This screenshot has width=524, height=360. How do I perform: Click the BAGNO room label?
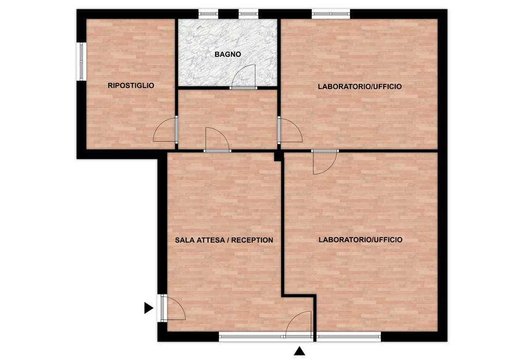(x=228, y=54)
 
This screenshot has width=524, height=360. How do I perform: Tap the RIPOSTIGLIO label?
(x=131, y=86)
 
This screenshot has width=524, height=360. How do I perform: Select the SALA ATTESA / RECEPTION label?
(x=224, y=240)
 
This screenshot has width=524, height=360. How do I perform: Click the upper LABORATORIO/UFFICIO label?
(x=360, y=87)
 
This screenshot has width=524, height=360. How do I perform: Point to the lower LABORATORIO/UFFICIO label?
(x=360, y=240)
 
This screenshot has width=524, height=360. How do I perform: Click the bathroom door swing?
(x=243, y=76)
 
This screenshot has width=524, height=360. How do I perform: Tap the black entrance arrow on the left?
(x=148, y=308)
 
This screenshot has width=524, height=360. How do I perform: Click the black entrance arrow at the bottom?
(x=300, y=351)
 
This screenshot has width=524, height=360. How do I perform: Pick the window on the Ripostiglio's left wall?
(x=81, y=62)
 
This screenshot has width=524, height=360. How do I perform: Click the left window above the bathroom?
(x=209, y=14)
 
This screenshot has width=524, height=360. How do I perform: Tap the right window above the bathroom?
(x=249, y=14)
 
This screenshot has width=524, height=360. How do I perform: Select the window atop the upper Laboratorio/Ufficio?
(x=331, y=14)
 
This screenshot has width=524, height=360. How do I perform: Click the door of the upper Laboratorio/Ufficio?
(x=290, y=131)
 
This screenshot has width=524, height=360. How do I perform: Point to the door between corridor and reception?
(x=218, y=140)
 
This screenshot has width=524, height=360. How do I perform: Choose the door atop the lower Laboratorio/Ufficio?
(x=325, y=162)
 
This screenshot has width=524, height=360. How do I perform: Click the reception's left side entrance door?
(x=171, y=308)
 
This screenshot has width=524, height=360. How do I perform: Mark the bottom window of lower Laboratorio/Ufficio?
(x=349, y=337)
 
